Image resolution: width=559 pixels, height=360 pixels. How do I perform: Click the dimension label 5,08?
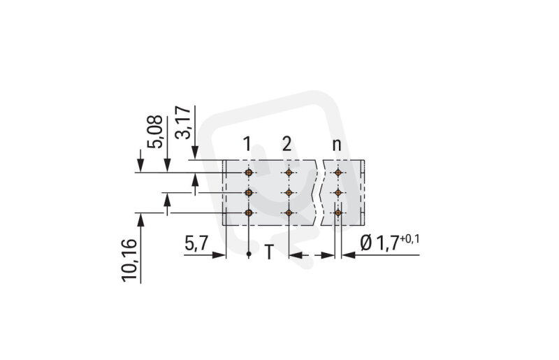pyautogui.click(x=156, y=131)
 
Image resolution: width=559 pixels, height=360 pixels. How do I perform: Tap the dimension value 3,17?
pyautogui.click(x=183, y=122)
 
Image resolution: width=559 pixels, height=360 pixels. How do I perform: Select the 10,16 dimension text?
pyautogui.click(x=129, y=261)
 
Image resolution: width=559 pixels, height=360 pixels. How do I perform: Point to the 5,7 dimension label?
pyautogui.click(x=196, y=244)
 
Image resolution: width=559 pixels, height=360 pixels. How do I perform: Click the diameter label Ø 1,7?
pyautogui.click(x=379, y=244)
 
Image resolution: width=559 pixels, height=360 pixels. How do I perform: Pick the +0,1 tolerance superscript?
pyautogui.click(x=409, y=238)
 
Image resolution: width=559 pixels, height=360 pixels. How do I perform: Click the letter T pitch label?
pyautogui.click(x=269, y=252)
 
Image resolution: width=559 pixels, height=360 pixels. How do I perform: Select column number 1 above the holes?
pyautogui.click(x=247, y=145)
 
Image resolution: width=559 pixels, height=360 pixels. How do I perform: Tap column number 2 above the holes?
pyautogui.click(x=286, y=145)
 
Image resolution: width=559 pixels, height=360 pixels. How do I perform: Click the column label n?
pyautogui.click(x=337, y=145)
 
